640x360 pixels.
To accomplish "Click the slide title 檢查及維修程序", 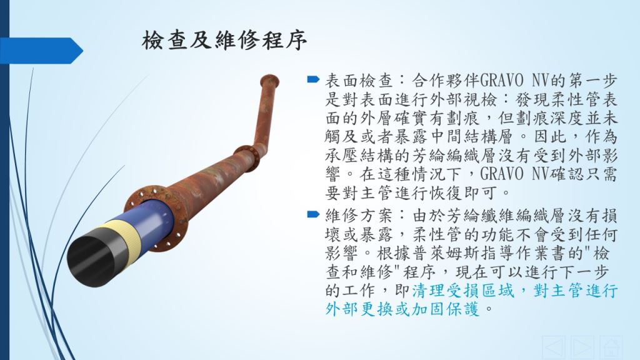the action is [224, 41].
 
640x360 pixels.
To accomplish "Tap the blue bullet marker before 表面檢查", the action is [313, 79].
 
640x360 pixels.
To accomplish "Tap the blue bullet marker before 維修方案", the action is [313, 214].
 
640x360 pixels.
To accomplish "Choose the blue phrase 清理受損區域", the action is [462, 291].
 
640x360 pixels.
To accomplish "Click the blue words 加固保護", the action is [445, 309].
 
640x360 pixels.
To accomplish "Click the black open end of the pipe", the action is [91, 261].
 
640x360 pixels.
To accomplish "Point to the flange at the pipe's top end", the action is [269, 79].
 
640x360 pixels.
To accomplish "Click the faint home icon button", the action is [611, 347].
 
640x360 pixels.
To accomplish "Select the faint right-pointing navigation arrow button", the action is [582, 347].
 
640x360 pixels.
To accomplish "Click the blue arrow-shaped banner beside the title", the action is [41, 51].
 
